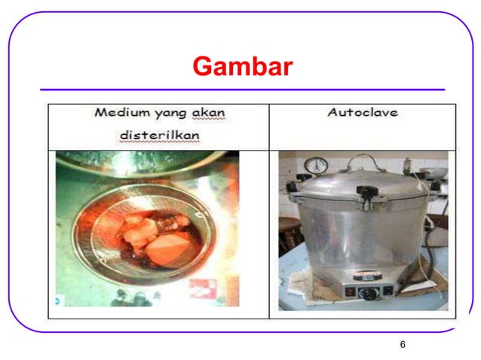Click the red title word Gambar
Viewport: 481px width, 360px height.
click(x=241, y=68)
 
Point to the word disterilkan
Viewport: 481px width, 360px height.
click(x=160, y=135)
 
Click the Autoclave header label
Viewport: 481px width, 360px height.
click(x=363, y=113)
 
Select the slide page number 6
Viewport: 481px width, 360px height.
click(x=403, y=344)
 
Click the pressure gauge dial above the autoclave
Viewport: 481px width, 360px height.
click(x=318, y=165)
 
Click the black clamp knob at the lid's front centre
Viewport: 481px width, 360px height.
click(x=367, y=194)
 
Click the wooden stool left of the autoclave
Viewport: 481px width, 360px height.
click(x=290, y=233)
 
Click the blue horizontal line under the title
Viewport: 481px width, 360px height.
click(x=241, y=90)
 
